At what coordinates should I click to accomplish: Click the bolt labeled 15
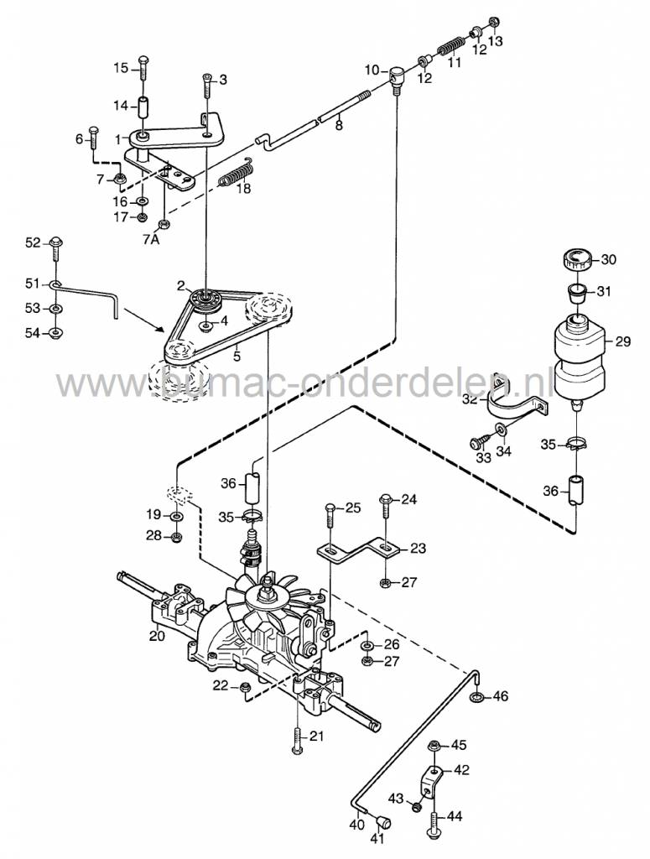(x=142, y=67)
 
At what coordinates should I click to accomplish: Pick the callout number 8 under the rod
(x=339, y=126)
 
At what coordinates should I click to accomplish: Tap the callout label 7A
(x=150, y=238)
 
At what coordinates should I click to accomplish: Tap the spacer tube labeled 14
(x=143, y=107)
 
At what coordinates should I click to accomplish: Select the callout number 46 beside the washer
(x=500, y=695)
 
